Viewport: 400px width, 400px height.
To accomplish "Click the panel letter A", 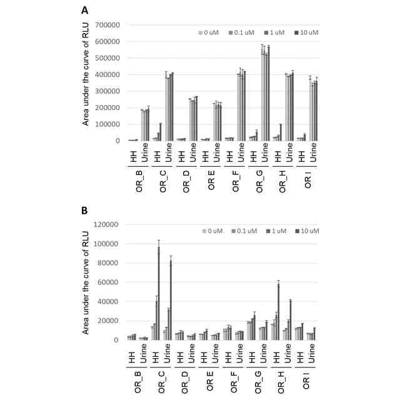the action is coord(85,11).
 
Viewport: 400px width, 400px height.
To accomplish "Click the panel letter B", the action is coord(84,211).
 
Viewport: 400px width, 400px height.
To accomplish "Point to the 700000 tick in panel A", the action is coord(107,25).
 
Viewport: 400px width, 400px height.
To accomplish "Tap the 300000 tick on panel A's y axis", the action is coord(107,91).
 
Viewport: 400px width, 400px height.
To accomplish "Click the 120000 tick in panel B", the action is coord(106,224).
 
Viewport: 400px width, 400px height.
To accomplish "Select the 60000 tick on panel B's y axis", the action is coord(108,282).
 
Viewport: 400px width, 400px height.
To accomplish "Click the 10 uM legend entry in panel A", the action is coord(306,32).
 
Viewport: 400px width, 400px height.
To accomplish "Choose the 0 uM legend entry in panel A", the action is coord(209,32).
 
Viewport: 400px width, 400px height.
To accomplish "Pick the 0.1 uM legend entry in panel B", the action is coord(244,231).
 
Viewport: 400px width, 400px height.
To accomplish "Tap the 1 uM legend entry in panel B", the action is coord(276,231).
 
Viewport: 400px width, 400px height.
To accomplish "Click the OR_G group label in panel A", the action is coord(259,181).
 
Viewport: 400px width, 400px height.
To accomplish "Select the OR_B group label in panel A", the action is coord(139,181).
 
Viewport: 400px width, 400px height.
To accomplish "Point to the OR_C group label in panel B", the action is coord(162,382).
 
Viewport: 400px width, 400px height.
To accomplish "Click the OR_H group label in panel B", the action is coord(281,382).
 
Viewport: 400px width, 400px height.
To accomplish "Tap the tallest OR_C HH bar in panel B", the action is coord(159,293).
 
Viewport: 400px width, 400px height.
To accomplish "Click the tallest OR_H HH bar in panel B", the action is coord(278,312).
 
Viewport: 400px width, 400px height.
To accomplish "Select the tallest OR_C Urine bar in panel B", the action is coord(171,300).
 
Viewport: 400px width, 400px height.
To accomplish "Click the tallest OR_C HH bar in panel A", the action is coord(161,132).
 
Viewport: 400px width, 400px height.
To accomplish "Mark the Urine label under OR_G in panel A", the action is coord(265,152).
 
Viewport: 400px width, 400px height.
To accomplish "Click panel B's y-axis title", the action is coord(86,282).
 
